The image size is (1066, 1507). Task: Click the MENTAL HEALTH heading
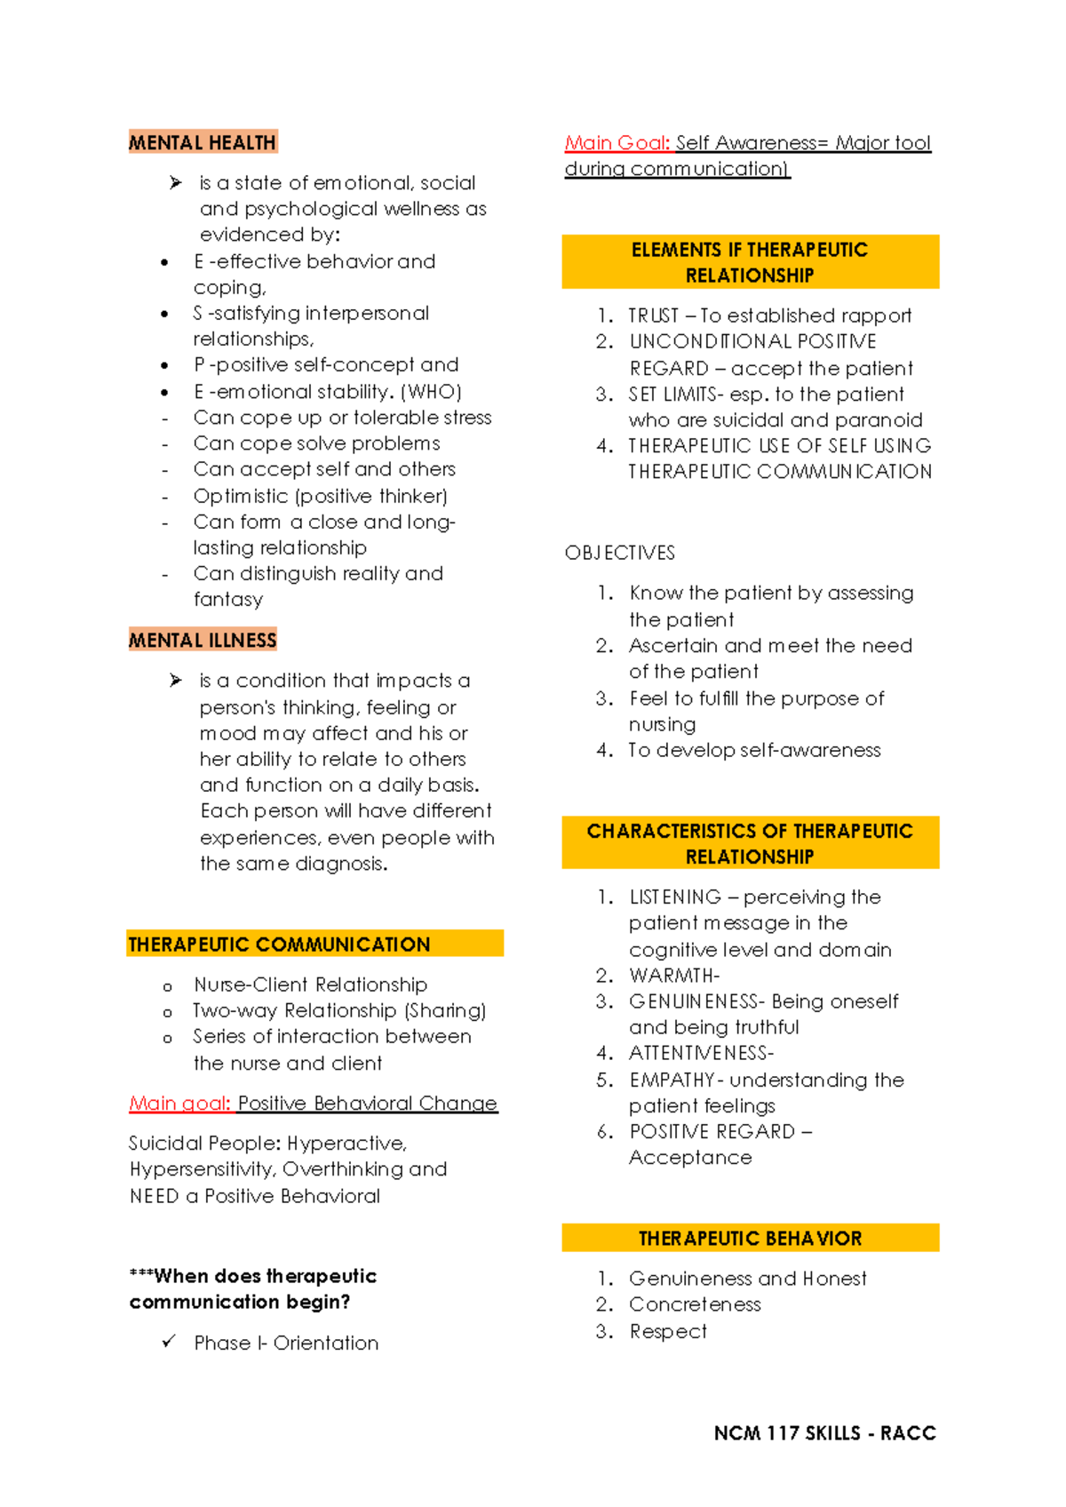[203, 142]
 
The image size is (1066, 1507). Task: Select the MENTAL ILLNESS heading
[203, 640]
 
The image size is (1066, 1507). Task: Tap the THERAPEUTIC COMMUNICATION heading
[279, 945]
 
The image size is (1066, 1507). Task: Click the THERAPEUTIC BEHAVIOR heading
[750, 1239]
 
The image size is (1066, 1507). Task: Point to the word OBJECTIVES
[620, 553]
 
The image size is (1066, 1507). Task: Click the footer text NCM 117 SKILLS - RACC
[824, 1433]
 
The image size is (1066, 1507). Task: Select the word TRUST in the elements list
[653, 315]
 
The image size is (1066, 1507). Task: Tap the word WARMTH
[672, 976]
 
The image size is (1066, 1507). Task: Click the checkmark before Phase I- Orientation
[169, 1342]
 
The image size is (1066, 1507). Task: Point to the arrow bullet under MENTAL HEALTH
[176, 183]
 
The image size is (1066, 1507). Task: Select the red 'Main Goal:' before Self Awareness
[617, 143]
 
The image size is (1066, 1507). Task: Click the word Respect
[668, 1331]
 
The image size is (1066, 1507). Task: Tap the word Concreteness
[695, 1304]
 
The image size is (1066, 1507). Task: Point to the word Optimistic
[241, 496]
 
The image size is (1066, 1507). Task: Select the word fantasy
[228, 600]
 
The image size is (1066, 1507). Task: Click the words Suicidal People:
[204, 1144]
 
